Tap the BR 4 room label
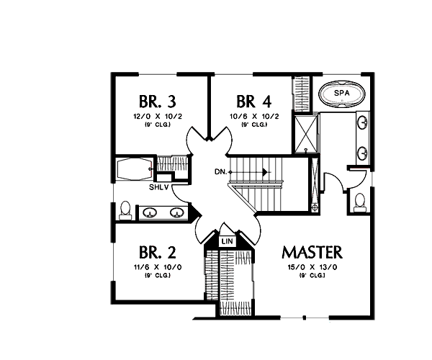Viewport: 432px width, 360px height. [252, 101]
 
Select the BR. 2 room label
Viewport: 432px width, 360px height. [156, 253]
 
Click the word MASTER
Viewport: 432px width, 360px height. [312, 253]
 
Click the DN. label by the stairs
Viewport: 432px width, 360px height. [221, 172]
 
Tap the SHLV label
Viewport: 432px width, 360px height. [159, 187]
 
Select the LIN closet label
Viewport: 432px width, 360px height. [227, 240]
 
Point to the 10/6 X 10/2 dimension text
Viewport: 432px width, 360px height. [252, 115]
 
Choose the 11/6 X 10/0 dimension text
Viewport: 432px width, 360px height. [156, 267]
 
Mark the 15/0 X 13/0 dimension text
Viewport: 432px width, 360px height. [312, 267]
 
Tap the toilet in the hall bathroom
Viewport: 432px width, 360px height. [126, 210]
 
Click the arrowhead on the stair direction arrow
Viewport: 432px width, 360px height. [266, 172]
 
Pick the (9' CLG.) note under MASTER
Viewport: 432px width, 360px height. [312, 276]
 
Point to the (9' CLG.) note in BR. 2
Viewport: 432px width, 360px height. [156, 276]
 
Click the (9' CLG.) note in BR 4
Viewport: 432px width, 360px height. [252, 124]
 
